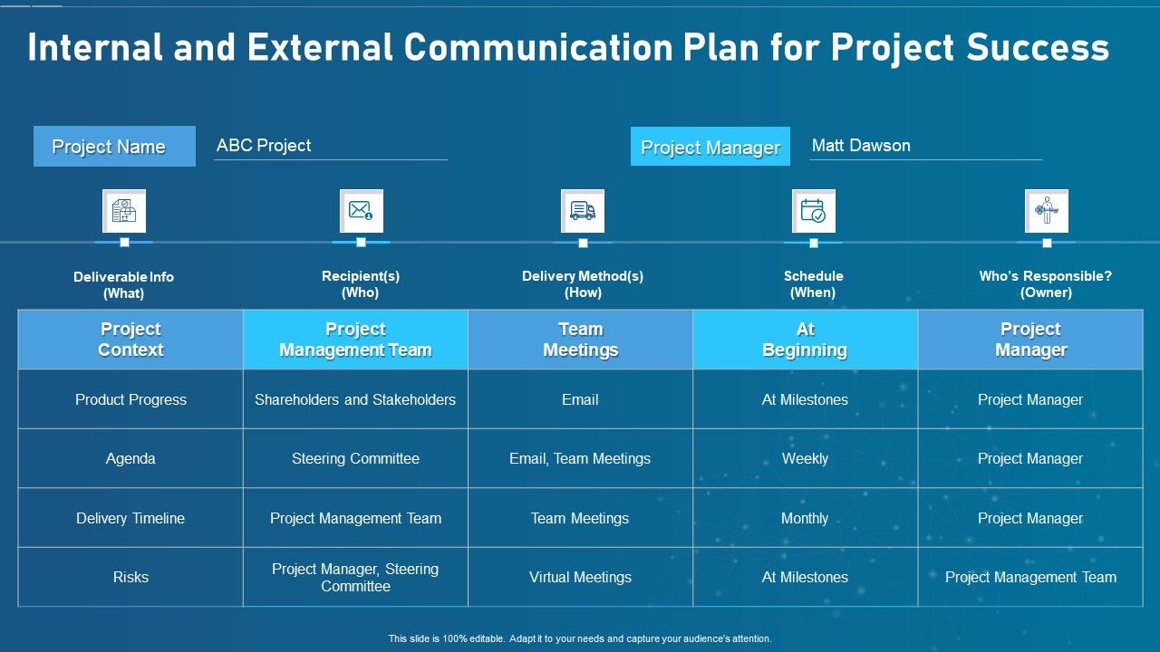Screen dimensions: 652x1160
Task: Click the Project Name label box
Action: (114, 147)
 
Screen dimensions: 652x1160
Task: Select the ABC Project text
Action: (264, 146)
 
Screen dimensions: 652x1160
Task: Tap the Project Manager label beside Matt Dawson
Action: (710, 148)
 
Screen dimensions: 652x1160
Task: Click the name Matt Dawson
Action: (861, 146)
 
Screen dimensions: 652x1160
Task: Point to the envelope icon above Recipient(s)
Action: (361, 211)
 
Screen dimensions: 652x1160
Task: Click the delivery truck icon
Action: (583, 211)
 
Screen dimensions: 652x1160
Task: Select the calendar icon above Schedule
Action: (813, 211)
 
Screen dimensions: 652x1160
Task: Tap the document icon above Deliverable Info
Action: (124, 211)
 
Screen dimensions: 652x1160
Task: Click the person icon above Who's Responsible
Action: (1046, 211)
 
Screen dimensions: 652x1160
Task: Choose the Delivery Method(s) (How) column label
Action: (582, 284)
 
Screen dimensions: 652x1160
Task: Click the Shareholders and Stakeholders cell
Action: (355, 399)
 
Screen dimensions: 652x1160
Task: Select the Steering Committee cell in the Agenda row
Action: (355, 459)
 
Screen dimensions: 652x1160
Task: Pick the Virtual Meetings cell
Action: (580, 577)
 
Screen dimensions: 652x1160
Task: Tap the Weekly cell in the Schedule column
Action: (805, 459)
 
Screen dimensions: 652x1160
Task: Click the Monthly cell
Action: (805, 518)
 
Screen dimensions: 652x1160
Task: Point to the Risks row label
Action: (130, 577)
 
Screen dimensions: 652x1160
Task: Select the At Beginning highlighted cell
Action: (805, 340)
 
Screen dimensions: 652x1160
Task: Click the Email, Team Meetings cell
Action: (580, 459)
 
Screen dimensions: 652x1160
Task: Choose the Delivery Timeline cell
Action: (130, 518)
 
